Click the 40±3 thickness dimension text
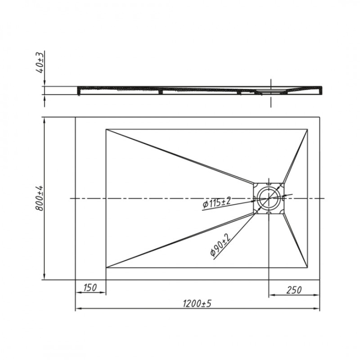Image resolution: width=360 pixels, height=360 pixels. pyautogui.click(x=42, y=63)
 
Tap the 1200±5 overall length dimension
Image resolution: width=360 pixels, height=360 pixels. pyautogui.click(x=197, y=304)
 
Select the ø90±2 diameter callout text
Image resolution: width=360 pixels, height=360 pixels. pyautogui.click(x=218, y=244)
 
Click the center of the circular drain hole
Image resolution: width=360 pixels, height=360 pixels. pyautogui.click(x=269, y=198)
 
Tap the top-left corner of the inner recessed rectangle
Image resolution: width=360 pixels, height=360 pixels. pyautogui.click(x=106, y=129)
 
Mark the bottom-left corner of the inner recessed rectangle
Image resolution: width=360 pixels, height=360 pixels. pyautogui.click(x=106, y=268)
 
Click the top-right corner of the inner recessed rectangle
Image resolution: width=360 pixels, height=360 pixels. pyautogui.click(x=308, y=129)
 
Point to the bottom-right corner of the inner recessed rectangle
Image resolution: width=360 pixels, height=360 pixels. pyautogui.click(x=308, y=268)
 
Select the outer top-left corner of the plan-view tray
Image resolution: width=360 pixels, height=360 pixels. pyautogui.click(x=75, y=117)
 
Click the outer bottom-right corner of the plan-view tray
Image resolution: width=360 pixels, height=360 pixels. pyautogui.click(x=319, y=280)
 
